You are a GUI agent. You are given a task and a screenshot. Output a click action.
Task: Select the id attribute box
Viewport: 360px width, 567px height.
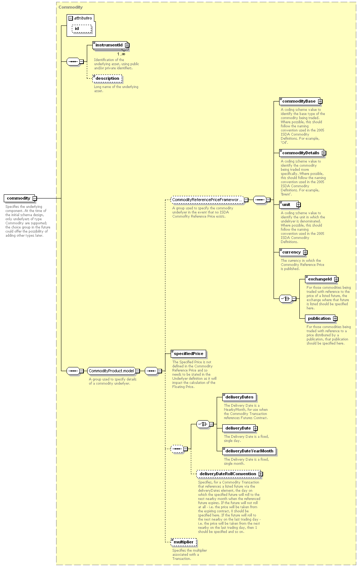pos(82,28)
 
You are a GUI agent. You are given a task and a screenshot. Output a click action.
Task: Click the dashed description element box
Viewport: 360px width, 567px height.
pos(107,79)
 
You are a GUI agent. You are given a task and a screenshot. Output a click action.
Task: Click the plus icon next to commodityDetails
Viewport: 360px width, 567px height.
pos(324,153)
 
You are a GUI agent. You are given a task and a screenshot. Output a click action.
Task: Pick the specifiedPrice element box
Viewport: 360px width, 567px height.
pos(188,354)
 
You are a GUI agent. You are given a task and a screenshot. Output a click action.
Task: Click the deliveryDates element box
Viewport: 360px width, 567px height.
pos(239,397)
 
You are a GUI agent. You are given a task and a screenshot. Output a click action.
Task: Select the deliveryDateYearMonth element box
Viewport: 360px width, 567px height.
pos(249,451)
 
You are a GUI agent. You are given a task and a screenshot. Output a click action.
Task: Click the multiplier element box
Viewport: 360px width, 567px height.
pos(183,542)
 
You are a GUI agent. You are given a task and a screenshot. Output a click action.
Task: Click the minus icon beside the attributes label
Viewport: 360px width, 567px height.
pos(71,18)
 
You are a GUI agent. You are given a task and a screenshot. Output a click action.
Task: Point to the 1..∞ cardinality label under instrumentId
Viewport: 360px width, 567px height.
pos(121,54)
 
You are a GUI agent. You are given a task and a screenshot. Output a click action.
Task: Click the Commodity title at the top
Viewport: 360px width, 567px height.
pos(71,7)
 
